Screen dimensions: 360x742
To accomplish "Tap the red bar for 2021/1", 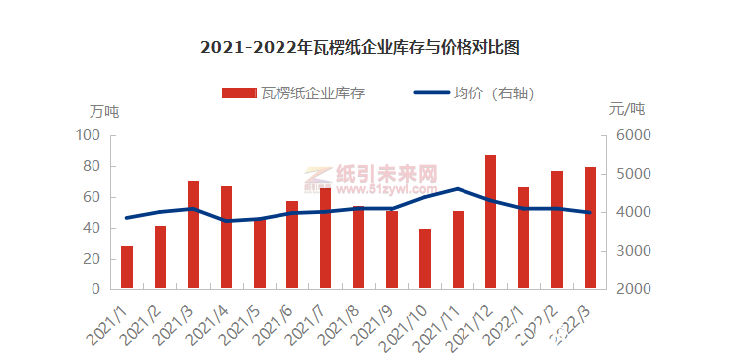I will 127,267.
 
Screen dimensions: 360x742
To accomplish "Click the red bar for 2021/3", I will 193,235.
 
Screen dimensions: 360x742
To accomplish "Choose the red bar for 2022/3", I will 590,228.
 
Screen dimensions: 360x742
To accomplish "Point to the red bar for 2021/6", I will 292,245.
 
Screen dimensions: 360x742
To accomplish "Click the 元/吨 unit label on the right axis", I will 627,110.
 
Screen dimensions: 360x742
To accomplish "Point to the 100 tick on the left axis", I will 90,135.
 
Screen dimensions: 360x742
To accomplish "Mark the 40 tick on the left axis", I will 93,228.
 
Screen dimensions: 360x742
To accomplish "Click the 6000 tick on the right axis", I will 632,135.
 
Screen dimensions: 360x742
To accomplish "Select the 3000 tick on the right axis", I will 632,251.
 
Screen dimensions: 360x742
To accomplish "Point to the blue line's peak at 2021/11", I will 458,188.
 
